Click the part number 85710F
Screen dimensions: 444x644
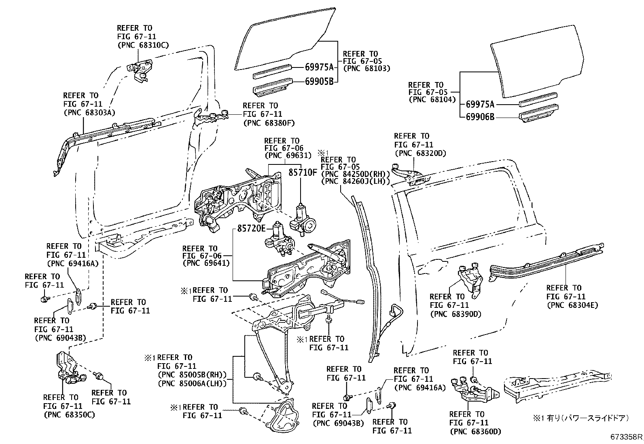point(303,173)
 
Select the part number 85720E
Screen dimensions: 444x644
point(251,229)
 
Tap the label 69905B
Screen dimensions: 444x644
point(319,82)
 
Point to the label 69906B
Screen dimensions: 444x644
point(480,118)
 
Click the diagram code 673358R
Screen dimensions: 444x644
point(627,437)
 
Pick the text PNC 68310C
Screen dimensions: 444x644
point(143,45)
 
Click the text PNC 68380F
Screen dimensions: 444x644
point(269,123)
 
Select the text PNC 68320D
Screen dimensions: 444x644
point(420,153)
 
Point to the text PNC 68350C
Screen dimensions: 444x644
point(69,415)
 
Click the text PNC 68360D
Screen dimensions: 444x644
point(475,431)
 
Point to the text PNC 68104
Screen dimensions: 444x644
point(432,99)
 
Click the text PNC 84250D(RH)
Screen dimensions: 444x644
point(355,174)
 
